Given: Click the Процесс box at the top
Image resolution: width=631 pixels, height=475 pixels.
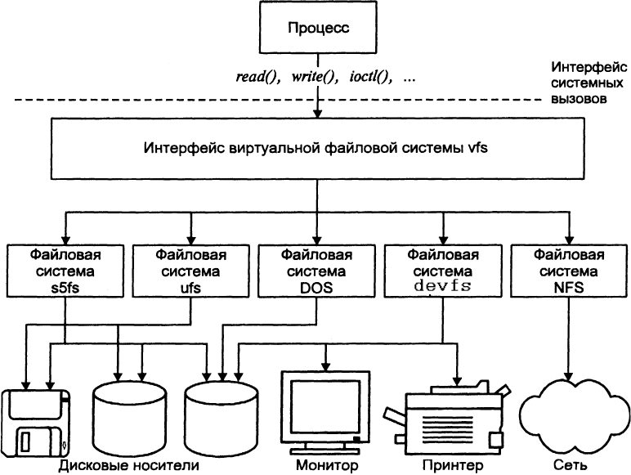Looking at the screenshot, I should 318,29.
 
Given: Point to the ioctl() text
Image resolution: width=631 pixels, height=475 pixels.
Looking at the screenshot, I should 369,78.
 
